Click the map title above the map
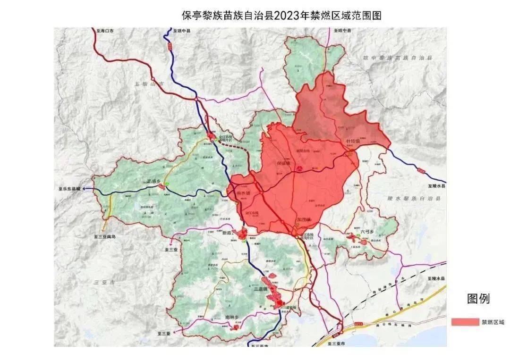point(281,16)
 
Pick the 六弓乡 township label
point(367,232)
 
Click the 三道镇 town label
point(260,289)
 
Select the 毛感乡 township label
point(155,181)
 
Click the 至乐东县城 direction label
point(69,189)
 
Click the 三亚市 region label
point(105,282)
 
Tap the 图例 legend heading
point(478,299)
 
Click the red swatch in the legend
point(465,322)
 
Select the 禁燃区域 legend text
point(493,322)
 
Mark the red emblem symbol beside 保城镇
point(299,168)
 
